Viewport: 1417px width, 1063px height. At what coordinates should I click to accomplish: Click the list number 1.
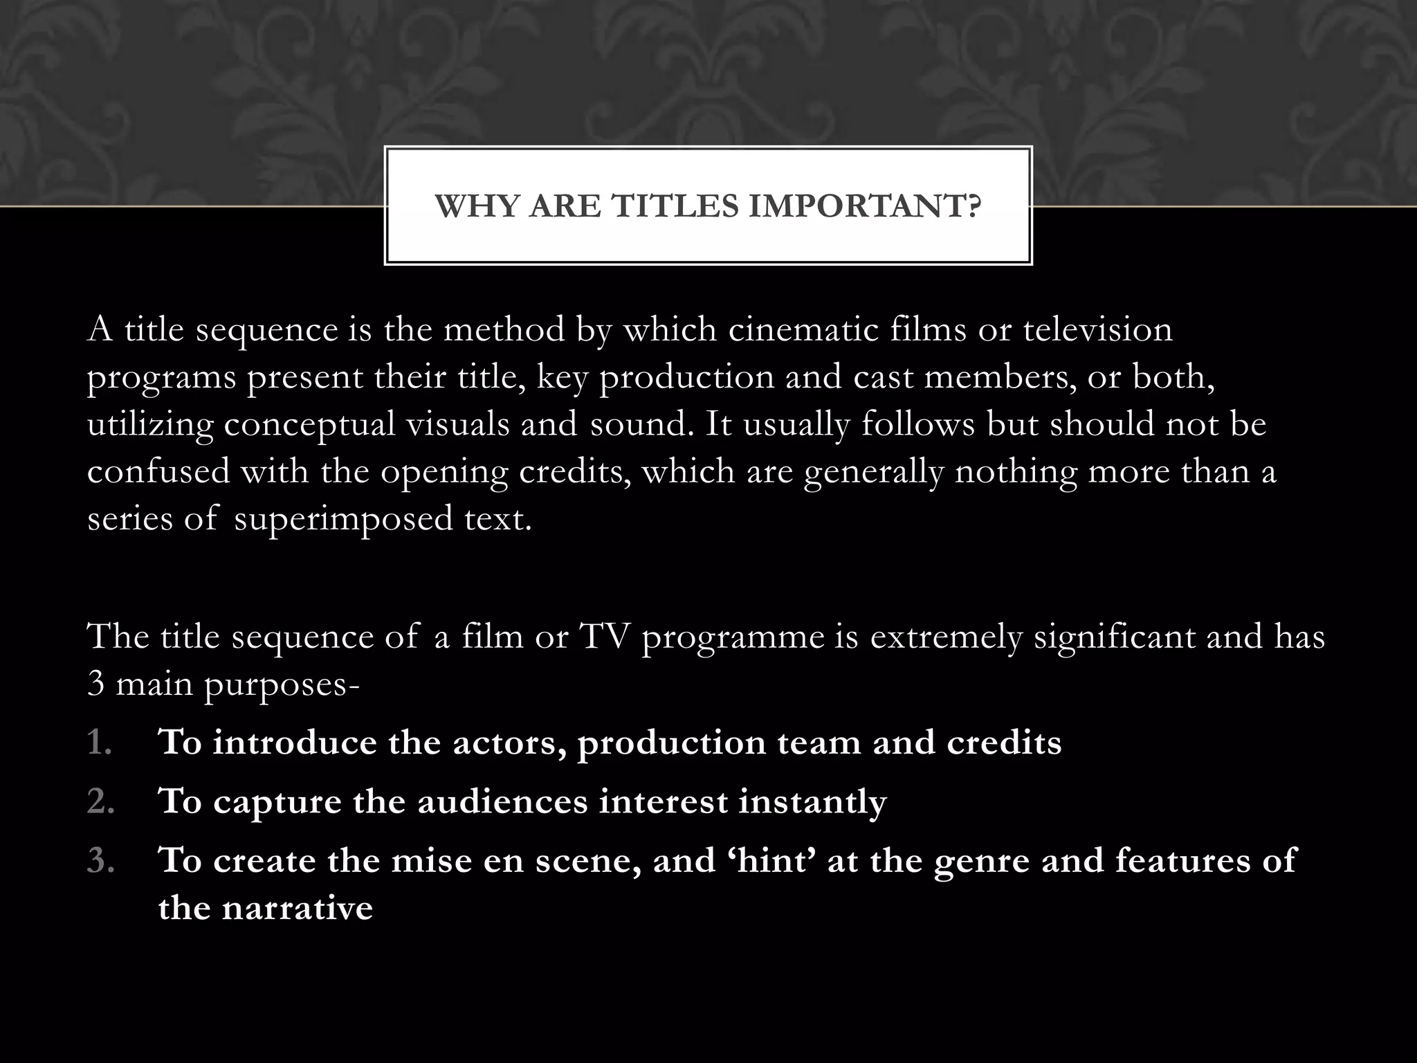100,743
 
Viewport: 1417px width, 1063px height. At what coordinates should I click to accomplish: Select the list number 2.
100,801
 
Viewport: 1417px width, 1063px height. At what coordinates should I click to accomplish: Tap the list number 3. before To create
100,860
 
